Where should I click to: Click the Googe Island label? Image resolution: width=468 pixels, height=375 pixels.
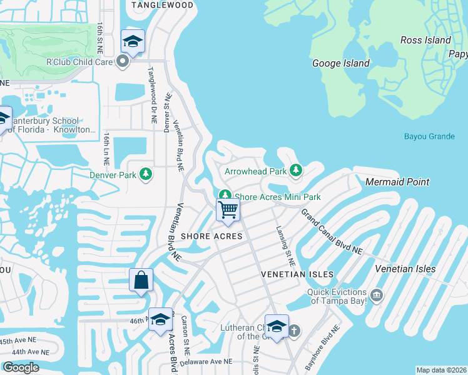click(x=341, y=63)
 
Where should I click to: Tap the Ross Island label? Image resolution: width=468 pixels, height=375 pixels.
click(x=425, y=40)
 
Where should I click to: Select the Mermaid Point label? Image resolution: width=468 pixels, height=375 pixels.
click(x=398, y=182)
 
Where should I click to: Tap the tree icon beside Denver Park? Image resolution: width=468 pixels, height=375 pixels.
click(x=146, y=174)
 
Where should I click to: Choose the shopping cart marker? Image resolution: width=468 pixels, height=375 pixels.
click(x=228, y=209)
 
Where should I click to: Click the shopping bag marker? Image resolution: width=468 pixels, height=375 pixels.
click(x=141, y=280)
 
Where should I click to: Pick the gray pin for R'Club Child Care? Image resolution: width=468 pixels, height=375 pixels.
click(x=123, y=61)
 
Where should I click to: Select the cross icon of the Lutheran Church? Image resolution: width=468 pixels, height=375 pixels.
click(x=293, y=331)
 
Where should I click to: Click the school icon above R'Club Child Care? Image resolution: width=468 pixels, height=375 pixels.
click(x=133, y=41)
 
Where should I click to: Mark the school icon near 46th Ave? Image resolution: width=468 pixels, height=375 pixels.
click(x=161, y=319)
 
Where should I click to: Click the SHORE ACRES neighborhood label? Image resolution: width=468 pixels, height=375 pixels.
click(x=211, y=236)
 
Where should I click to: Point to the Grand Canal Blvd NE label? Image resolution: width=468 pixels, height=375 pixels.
click(x=332, y=231)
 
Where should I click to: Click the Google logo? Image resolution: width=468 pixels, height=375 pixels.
click(x=21, y=367)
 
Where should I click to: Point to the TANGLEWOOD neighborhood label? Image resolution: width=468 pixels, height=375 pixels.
click(x=162, y=5)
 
